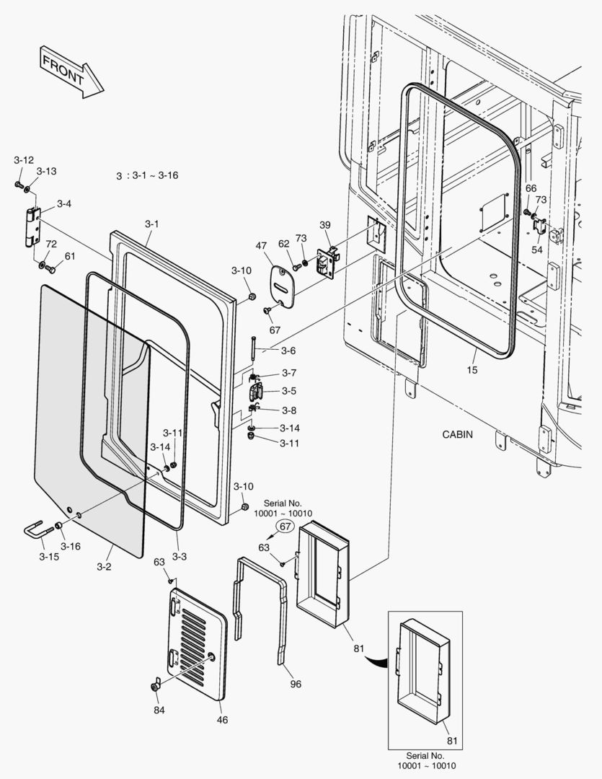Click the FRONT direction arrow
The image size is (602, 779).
[x=71, y=71]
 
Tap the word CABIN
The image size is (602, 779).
[x=458, y=434]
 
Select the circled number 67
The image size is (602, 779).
[x=285, y=527]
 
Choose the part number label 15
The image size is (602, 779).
[x=472, y=370]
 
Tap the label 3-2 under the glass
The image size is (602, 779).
[x=104, y=566]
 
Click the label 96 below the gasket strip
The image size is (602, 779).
[x=296, y=684]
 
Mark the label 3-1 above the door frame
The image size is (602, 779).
[x=151, y=224]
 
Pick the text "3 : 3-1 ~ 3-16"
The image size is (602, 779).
[x=146, y=175]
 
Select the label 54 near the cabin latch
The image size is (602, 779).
[x=537, y=249]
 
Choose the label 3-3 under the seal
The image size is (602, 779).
[x=179, y=556]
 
